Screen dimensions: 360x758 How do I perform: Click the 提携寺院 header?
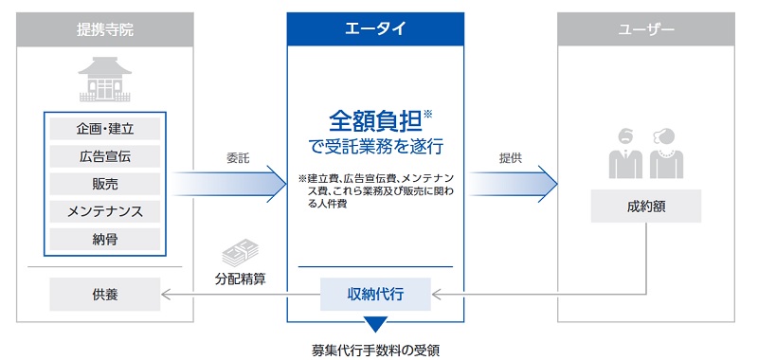(105, 29)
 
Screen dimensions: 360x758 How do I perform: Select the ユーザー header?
(647, 29)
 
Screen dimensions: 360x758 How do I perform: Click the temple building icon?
(105, 80)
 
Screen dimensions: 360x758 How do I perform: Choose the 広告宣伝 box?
(105, 155)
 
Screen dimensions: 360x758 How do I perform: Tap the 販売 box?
(105, 183)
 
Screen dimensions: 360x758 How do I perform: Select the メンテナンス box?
(105, 210)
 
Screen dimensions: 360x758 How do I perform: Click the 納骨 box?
(105, 238)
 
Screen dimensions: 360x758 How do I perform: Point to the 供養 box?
(105, 297)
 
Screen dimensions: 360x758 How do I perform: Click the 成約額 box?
(647, 206)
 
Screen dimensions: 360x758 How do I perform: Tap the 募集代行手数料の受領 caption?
(375, 348)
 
